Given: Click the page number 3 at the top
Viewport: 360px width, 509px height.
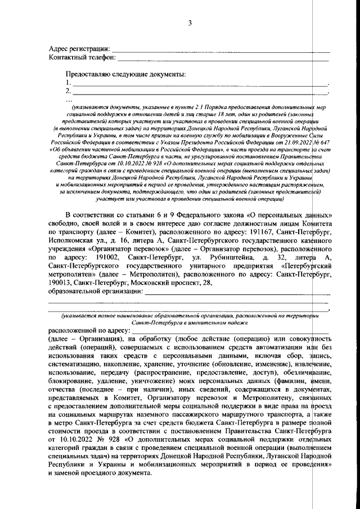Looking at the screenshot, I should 190,23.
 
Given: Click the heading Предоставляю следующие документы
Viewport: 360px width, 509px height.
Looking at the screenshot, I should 126,74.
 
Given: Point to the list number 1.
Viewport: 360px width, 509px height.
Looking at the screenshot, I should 68,83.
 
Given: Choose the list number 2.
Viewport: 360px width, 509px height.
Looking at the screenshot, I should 68,91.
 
